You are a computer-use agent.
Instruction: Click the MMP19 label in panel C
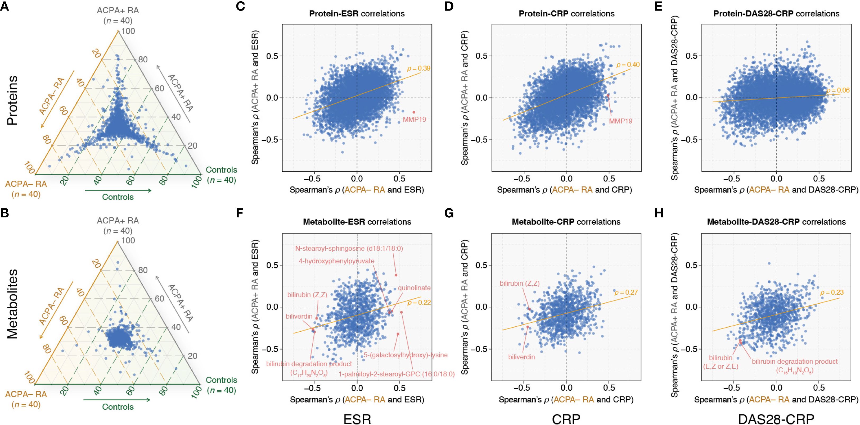pyautogui.click(x=414, y=120)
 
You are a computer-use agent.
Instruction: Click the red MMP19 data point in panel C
pyautogui.click(x=414, y=112)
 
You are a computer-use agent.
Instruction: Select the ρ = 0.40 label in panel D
pyautogui.click(x=628, y=65)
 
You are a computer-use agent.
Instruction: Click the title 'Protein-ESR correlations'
pyautogui.click(x=357, y=14)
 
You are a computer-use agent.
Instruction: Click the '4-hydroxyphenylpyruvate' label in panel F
pyautogui.click(x=336, y=261)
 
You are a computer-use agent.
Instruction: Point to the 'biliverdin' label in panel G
pyautogui.click(x=521, y=357)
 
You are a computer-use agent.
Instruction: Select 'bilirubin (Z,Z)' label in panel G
pyautogui.click(x=520, y=284)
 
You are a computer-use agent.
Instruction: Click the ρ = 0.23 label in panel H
pyautogui.click(x=832, y=293)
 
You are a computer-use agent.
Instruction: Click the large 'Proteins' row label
pyautogui.click(x=13, y=100)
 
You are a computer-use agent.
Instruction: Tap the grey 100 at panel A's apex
pyautogui.click(x=128, y=31)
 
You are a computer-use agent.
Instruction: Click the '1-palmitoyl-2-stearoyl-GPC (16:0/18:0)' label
pyautogui.click(x=397, y=374)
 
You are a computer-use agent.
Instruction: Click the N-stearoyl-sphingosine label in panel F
pyautogui.click(x=349, y=249)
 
